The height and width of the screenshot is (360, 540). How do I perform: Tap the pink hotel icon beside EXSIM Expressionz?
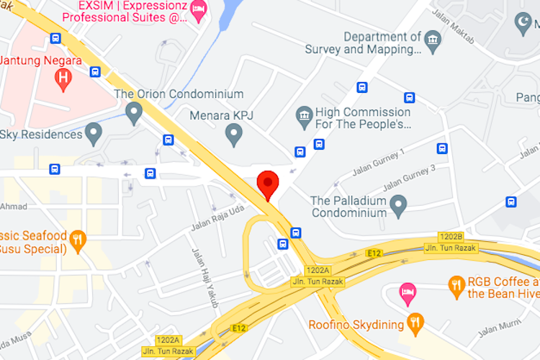[x=199, y=9]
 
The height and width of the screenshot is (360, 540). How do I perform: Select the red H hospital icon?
[x=64, y=78]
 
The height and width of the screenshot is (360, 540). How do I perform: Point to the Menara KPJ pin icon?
[x=233, y=132]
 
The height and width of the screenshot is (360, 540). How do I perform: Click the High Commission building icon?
[x=305, y=114]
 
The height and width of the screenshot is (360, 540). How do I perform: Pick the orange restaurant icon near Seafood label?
[x=78, y=238]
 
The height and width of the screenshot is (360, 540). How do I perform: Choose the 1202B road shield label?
[x=451, y=236]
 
